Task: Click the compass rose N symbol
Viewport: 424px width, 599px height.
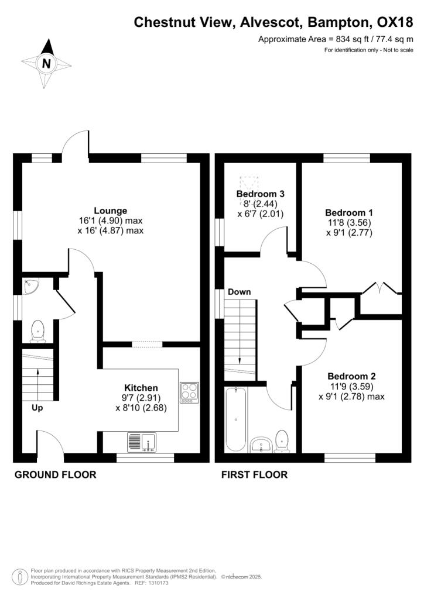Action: [x=46, y=63]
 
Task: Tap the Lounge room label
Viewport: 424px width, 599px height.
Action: [x=110, y=211]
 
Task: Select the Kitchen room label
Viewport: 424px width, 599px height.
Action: [x=141, y=387]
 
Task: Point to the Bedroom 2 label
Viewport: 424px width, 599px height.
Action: [x=351, y=376]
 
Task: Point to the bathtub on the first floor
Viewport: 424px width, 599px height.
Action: [x=236, y=419]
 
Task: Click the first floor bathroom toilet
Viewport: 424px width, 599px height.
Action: [x=283, y=441]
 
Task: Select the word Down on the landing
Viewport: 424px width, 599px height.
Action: [x=240, y=292]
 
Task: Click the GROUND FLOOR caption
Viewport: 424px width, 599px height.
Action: [x=55, y=474]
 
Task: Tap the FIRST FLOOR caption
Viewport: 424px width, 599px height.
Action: [x=254, y=474]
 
